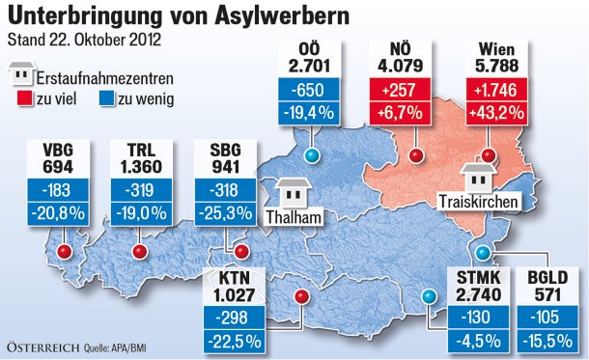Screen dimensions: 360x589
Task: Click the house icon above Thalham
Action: (x=291, y=191)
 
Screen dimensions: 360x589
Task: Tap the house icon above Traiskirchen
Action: (x=477, y=176)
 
